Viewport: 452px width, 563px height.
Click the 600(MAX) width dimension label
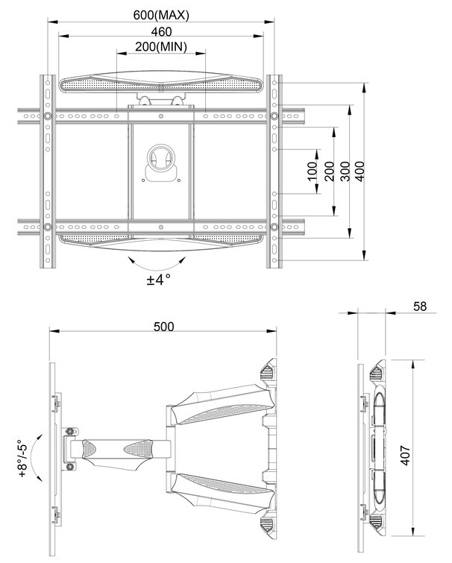pos(161,15)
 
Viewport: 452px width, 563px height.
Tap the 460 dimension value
pos(161,31)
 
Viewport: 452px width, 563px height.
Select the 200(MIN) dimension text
pos(161,47)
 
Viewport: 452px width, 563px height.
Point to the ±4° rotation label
pos(158,279)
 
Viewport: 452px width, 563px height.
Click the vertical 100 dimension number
pos(313,171)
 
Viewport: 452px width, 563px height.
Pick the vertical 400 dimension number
pos(360,172)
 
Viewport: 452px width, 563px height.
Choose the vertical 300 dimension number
pos(345,172)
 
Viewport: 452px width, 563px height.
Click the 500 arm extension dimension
pos(163,327)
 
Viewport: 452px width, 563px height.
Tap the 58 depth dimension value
pos(420,306)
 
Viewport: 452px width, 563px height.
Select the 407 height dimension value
pos(405,456)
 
